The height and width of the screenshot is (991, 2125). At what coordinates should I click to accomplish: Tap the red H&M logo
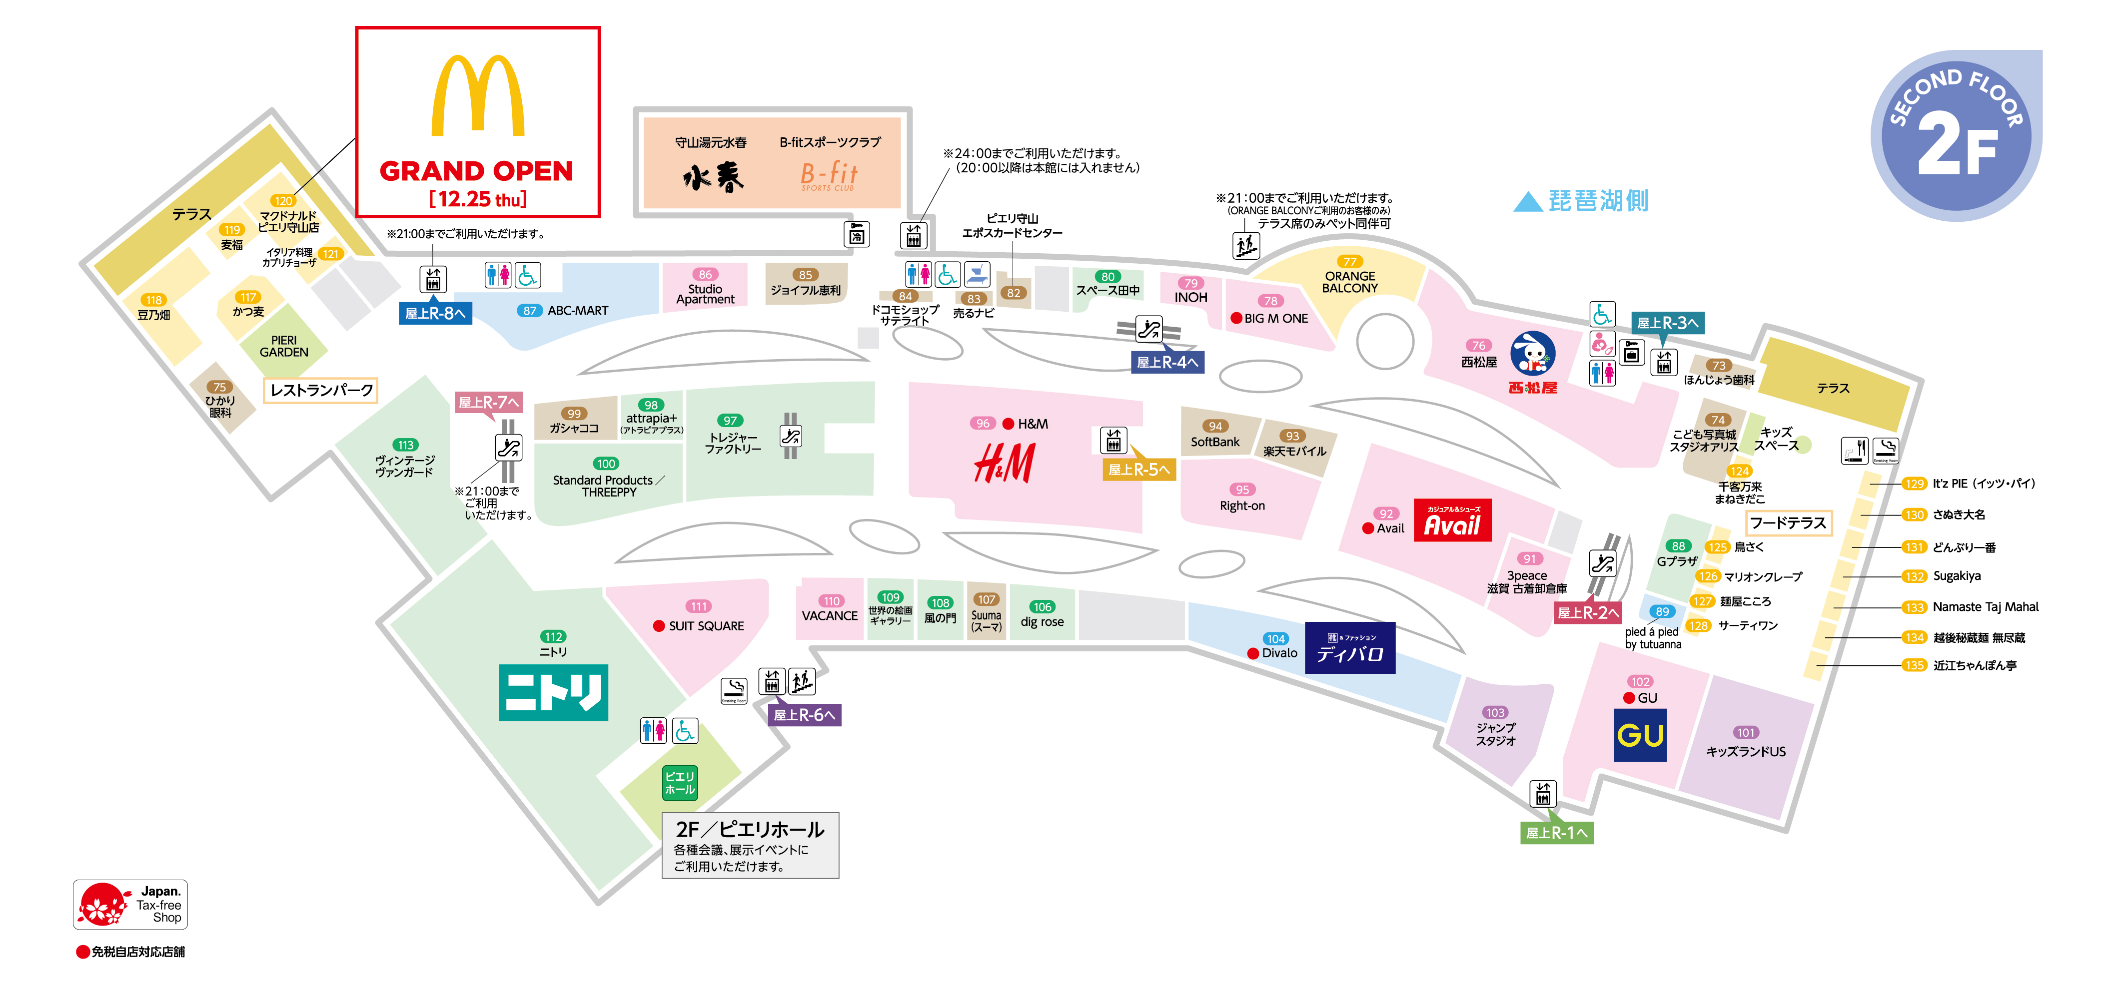point(1004,463)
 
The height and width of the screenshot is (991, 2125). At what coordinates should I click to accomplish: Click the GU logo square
point(1640,735)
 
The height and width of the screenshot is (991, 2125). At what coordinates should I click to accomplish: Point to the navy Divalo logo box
point(1349,648)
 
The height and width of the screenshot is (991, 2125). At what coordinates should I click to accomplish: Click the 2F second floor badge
point(1956,136)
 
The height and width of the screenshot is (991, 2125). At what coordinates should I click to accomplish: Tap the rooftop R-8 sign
point(435,313)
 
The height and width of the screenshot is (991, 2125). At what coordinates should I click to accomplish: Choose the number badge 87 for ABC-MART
point(530,311)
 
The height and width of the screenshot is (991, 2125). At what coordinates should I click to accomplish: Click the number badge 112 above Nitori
point(553,636)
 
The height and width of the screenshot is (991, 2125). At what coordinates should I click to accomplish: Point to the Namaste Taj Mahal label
point(1985,607)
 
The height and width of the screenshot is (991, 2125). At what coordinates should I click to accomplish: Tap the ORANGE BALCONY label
point(1349,282)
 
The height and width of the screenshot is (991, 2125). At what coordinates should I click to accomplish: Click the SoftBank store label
point(1214,442)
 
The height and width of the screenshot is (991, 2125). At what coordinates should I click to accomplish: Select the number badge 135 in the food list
point(1914,665)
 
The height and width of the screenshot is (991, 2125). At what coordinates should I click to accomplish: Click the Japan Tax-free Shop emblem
point(130,905)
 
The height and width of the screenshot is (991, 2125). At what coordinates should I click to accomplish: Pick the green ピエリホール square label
point(680,782)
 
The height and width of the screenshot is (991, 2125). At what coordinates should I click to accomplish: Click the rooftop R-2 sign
point(1587,612)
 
